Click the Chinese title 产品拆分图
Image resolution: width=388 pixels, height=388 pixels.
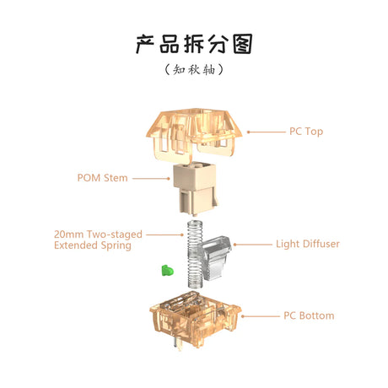194,43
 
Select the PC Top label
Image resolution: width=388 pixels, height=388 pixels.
306,132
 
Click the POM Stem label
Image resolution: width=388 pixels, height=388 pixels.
103,178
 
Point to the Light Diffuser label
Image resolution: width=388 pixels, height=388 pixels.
308,244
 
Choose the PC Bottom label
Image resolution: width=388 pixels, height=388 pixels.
308,315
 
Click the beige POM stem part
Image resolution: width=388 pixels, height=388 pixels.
194,190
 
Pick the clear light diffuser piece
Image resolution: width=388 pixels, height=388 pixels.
215,257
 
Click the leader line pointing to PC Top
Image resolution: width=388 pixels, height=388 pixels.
266,132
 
